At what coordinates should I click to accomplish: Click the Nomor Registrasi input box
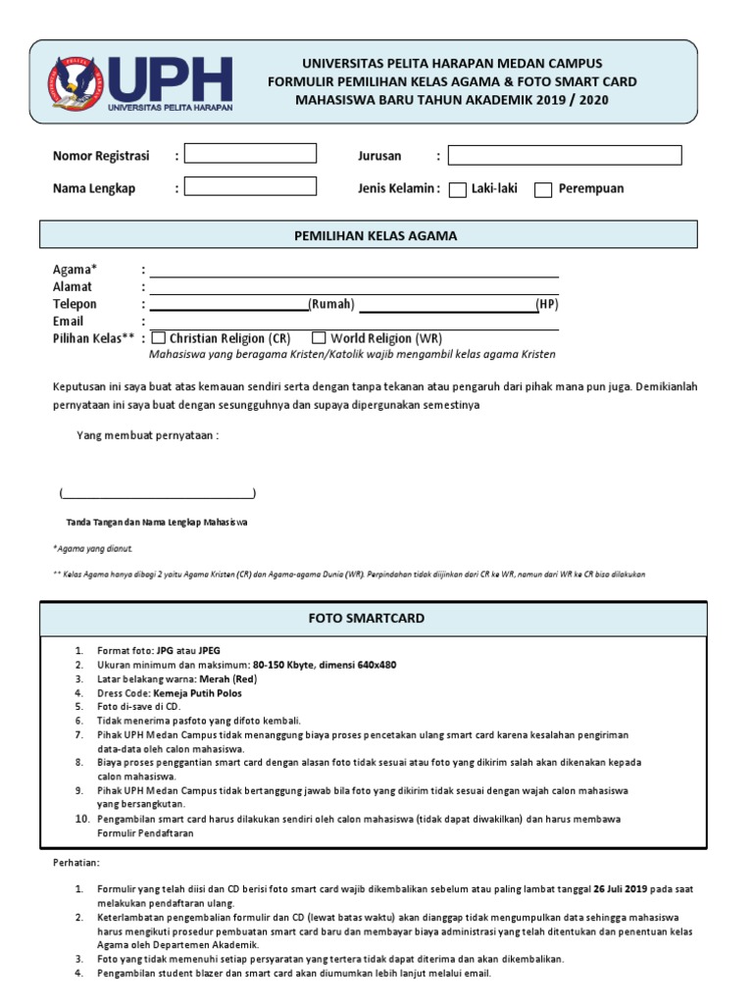pos(250,153)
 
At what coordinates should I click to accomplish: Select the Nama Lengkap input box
pos(250,186)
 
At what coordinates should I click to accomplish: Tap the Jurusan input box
pos(565,155)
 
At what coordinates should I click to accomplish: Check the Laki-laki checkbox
pos(458,190)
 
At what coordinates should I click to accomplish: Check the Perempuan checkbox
pos(543,190)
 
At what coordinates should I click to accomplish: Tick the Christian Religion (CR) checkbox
pos(159,338)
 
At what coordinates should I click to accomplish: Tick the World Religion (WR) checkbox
pos(319,338)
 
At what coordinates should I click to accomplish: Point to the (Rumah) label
pos(331,305)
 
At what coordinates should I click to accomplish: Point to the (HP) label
pos(547,305)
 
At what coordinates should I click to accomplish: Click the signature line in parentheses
pos(157,493)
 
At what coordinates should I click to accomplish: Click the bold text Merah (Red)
pos(228,678)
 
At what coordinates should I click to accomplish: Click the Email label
pos(68,322)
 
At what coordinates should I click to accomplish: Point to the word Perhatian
pos(75,863)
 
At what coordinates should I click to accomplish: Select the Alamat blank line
pos(353,287)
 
